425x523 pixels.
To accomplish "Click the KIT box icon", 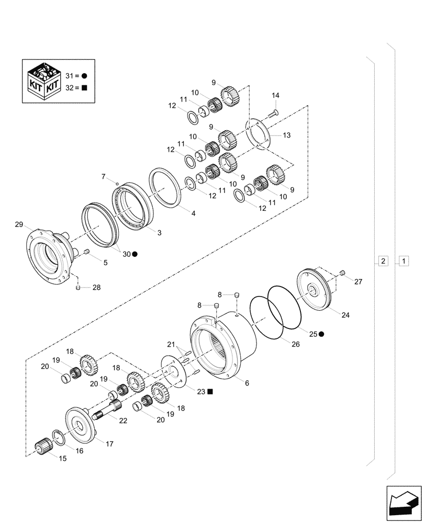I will point(44,81).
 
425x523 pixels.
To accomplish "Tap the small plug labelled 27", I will point(342,272).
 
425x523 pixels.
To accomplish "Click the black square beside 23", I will point(209,391).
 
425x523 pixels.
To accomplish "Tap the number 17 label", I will point(110,445).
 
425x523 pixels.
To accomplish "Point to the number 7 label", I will point(104,176).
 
